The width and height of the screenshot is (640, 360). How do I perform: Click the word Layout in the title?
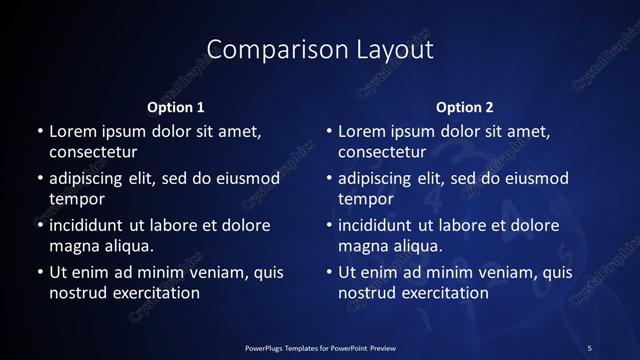[x=387, y=49]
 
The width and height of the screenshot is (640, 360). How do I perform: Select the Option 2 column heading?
[x=465, y=107]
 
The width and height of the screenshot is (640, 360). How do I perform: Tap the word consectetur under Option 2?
[x=383, y=153]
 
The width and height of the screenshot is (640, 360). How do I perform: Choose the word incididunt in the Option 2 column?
[x=385, y=225]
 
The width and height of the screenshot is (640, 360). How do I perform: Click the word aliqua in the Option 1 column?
[x=128, y=246]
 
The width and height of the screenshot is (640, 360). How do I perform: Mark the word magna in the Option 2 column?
[x=363, y=246]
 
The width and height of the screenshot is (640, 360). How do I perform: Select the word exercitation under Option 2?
[x=441, y=293]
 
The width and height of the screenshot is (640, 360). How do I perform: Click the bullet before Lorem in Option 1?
[x=39, y=132]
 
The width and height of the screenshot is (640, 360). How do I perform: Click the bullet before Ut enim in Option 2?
[x=329, y=272]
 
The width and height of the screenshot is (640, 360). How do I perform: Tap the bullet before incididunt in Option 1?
[x=39, y=225]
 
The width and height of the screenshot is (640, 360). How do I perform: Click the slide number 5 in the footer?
[x=589, y=347]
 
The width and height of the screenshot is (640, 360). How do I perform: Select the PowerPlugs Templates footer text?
[x=320, y=347]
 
